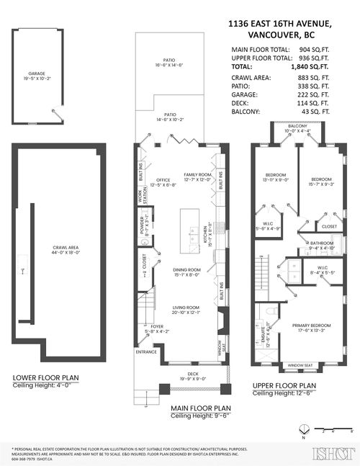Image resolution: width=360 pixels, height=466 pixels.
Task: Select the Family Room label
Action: [197, 175]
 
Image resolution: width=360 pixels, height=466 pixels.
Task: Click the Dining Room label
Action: [186, 269]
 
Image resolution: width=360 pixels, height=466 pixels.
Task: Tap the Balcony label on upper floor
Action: [298, 126]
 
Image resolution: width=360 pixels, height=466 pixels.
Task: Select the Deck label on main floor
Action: [192, 374]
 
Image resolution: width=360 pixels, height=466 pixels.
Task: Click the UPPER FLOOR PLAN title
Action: [284, 385]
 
